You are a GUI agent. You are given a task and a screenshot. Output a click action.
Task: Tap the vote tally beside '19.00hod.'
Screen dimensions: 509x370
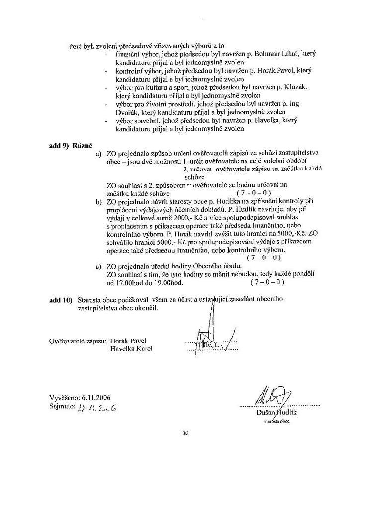click(x=267, y=282)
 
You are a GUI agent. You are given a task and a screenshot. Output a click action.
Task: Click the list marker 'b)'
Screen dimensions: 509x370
click(x=98, y=202)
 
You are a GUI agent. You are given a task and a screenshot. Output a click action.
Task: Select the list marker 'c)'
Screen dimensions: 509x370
click(x=98, y=267)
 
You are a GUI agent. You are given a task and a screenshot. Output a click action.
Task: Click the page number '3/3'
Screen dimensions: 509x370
click(x=186, y=433)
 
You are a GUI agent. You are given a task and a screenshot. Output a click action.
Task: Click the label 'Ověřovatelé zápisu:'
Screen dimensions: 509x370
click(x=78, y=340)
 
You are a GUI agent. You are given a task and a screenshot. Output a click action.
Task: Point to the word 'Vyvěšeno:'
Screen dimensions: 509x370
click(x=64, y=397)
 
